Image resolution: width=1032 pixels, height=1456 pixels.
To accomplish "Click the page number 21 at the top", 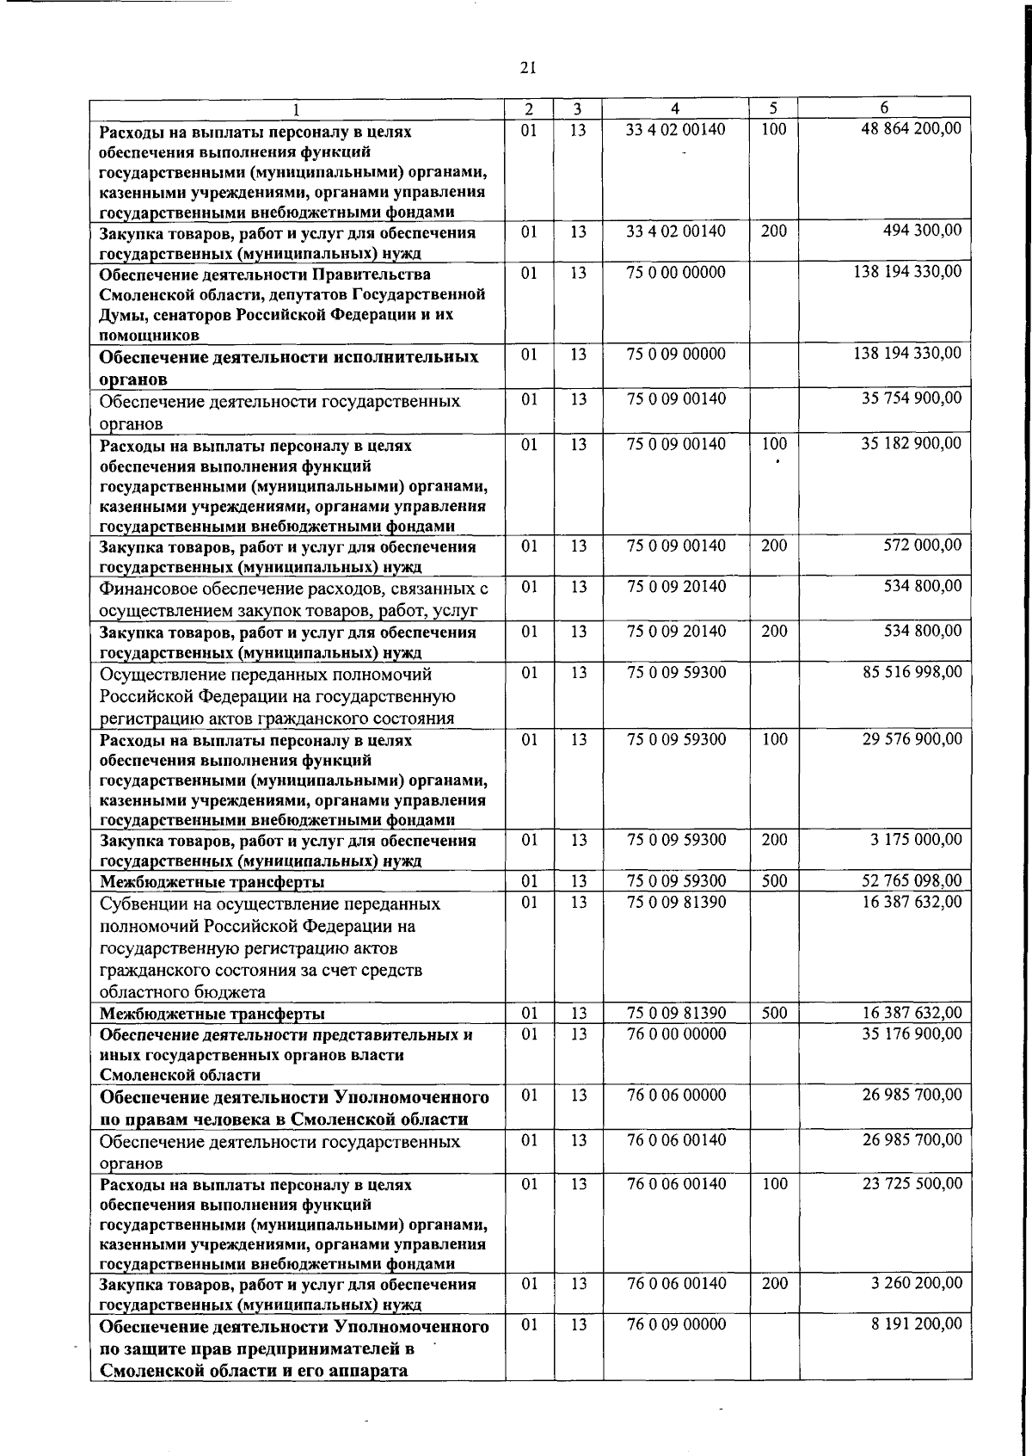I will pos(528,67).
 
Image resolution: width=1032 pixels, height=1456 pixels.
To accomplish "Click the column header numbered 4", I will pos(675,108).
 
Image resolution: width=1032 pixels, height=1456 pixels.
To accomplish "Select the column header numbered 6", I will pos(884,108).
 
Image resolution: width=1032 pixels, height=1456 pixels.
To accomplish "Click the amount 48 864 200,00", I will pos(912,129).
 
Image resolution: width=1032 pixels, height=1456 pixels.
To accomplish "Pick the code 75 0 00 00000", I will pos(676,272).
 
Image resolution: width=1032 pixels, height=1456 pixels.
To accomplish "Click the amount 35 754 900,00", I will pos(912,398).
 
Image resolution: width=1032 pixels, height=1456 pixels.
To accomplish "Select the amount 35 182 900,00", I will pos(912,444).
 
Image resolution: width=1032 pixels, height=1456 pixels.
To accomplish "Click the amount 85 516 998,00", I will pos(912,671).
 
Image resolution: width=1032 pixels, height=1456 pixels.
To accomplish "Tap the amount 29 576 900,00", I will pos(912,738).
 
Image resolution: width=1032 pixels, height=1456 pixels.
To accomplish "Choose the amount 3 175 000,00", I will pos(916,839).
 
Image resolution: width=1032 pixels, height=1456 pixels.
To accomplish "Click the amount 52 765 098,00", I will pos(912,880).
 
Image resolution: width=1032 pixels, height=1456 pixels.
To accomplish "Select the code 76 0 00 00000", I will pos(676,1033).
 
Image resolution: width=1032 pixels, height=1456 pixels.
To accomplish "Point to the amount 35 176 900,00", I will pos(912,1033).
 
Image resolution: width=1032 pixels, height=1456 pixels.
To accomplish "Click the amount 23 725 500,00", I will pos(912,1183).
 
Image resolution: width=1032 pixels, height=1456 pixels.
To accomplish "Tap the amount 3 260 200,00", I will pos(916,1283).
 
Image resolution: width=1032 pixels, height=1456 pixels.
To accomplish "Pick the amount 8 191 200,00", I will pos(916,1324).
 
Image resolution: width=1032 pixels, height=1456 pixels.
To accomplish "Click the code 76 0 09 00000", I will pos(676,1324).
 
